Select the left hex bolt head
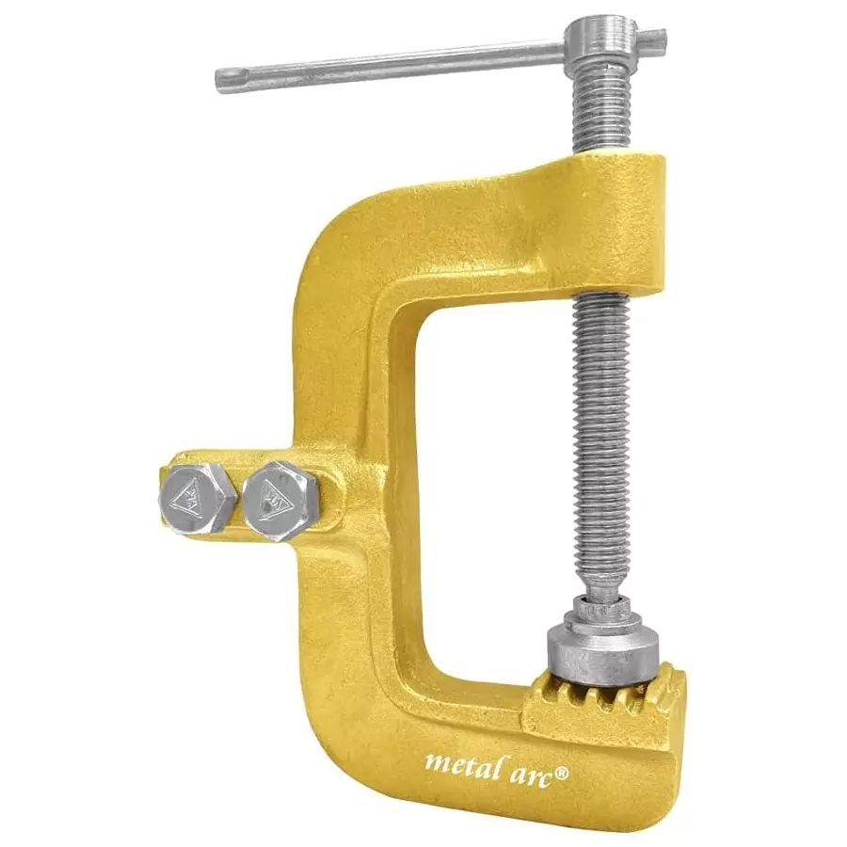click(197, 497)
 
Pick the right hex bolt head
click(280, 499)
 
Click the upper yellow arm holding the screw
click(565, 226)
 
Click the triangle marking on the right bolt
click(279, 496)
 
